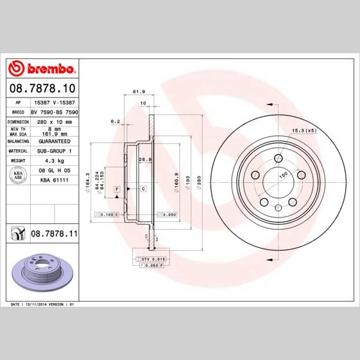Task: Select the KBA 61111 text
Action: pyautogui.click(x=55, y=181)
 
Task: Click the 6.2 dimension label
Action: pyautogui.click(x=116, y=121)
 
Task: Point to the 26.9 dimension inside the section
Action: pyautogui.click(x=144, y=159)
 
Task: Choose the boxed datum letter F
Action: pyautogui.click(x=117, y=189)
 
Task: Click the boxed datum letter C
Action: pyautogui.click(x=143, y=189)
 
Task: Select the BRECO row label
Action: pyautogui.click(x=18, y=112)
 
